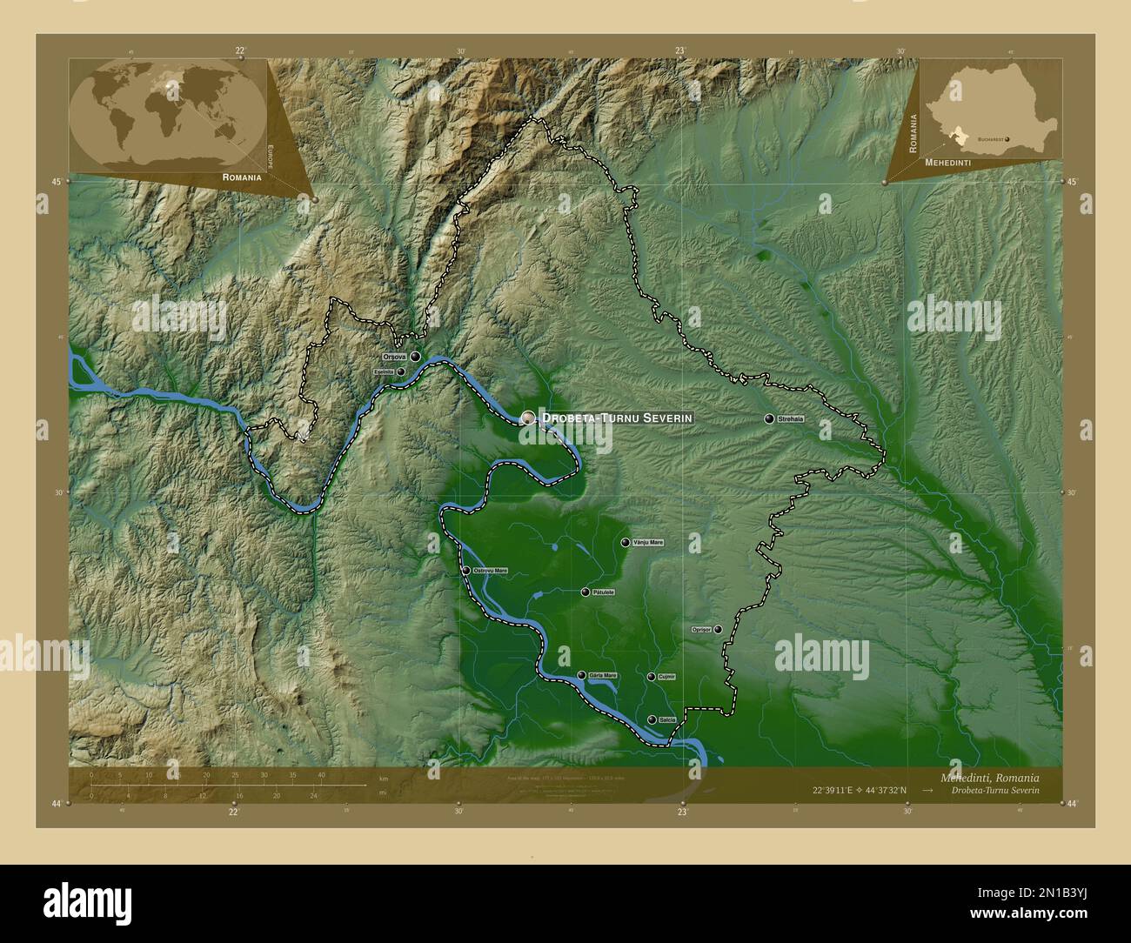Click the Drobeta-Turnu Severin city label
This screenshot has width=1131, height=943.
pos(617,418)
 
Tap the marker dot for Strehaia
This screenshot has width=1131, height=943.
pos(769,418)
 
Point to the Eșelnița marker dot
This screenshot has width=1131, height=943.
pos(401,371)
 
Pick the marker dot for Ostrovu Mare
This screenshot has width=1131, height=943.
pos(466,571)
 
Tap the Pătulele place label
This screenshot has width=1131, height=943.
pos(603,592)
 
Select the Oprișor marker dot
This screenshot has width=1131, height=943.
pos(718,629)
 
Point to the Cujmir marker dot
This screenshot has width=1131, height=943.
pos(651,676)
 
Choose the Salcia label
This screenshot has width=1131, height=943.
pos(667,719)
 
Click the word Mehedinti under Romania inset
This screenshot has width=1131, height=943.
pos(947,163)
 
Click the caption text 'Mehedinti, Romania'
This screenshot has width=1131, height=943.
pos(988,776)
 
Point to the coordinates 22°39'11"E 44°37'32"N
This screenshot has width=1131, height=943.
pos(859,791)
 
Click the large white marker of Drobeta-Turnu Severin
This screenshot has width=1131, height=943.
pos(528,418)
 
